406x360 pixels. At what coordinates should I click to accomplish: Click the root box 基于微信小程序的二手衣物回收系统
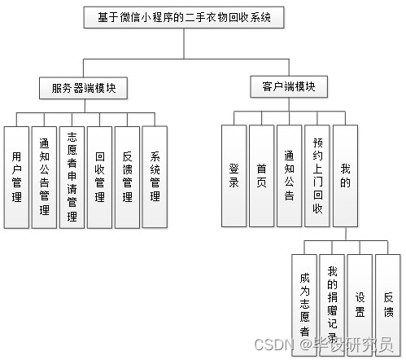point(184,17)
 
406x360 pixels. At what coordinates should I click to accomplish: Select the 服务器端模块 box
point(83,88)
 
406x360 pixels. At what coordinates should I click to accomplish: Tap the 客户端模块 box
point(289,86)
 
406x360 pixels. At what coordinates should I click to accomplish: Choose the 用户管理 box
point(16,178)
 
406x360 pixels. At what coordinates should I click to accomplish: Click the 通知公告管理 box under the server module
point(44,178)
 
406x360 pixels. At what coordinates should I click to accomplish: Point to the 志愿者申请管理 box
point(72,178)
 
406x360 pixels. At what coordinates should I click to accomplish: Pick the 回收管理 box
point(99,178)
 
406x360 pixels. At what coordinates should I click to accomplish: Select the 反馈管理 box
point(127,178)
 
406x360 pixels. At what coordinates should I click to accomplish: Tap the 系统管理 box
point(155,177)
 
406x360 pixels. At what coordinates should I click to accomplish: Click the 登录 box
point(234,176)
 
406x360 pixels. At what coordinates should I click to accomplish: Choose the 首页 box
point(261,176)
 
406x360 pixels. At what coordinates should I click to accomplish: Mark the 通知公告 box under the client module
point(289,176)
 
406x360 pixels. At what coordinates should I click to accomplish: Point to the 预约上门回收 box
point(317,176)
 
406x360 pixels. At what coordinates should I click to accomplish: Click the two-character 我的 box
point(345,176)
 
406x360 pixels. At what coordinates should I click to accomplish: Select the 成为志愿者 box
point(304,305)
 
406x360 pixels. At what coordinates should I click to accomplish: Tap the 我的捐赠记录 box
point(332,305)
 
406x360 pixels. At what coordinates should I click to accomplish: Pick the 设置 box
point(360,305)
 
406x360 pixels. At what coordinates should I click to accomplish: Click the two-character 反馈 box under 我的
point(388,305)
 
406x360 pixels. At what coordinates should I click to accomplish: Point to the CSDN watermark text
point(324,345)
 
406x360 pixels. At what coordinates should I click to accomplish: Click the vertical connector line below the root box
point(184,43)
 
